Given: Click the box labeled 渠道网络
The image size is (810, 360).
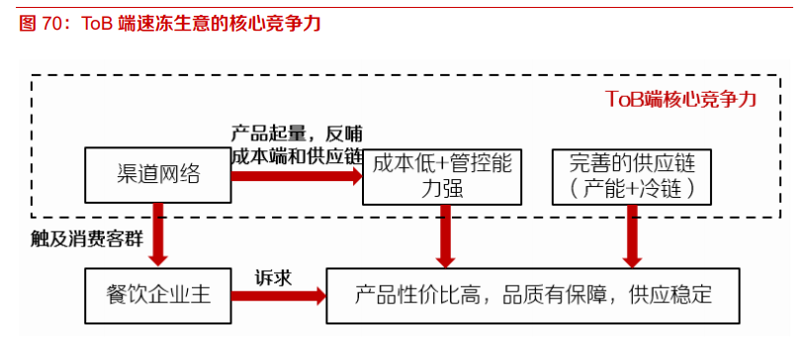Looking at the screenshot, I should pos(158,176).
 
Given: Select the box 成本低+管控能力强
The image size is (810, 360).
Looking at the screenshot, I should pos(441,176).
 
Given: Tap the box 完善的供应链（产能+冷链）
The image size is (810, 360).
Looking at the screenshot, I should pos(626,176).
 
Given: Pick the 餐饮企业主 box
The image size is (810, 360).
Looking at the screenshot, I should pos(158,295).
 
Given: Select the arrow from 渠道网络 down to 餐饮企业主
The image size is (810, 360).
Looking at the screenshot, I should pos(158,234).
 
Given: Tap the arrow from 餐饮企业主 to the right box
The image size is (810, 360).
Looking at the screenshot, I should pos(278,295).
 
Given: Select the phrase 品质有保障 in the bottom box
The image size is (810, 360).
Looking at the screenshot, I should pos(548,295).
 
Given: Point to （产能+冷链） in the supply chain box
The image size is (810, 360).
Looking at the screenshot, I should pos(626,187).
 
